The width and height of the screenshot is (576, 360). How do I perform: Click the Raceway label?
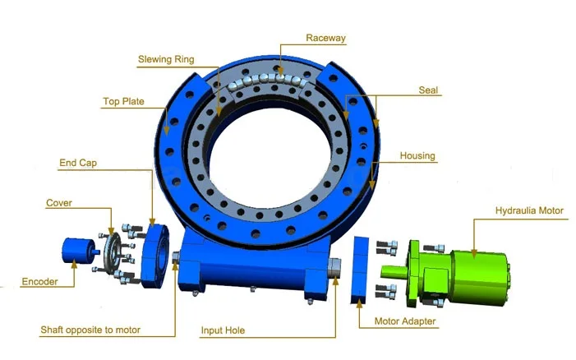point(327,38)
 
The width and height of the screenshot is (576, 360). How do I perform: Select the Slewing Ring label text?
point(168,60)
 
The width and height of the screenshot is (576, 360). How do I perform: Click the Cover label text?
point(59,202)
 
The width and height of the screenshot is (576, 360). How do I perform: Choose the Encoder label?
point(39,282)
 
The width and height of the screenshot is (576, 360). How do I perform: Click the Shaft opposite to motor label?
point(90,330)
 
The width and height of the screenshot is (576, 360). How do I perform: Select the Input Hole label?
point(223,330)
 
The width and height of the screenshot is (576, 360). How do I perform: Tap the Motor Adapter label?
point(405,321)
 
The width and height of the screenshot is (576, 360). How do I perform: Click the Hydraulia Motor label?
point(529,210)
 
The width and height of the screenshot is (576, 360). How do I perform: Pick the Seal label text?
point(428,91)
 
